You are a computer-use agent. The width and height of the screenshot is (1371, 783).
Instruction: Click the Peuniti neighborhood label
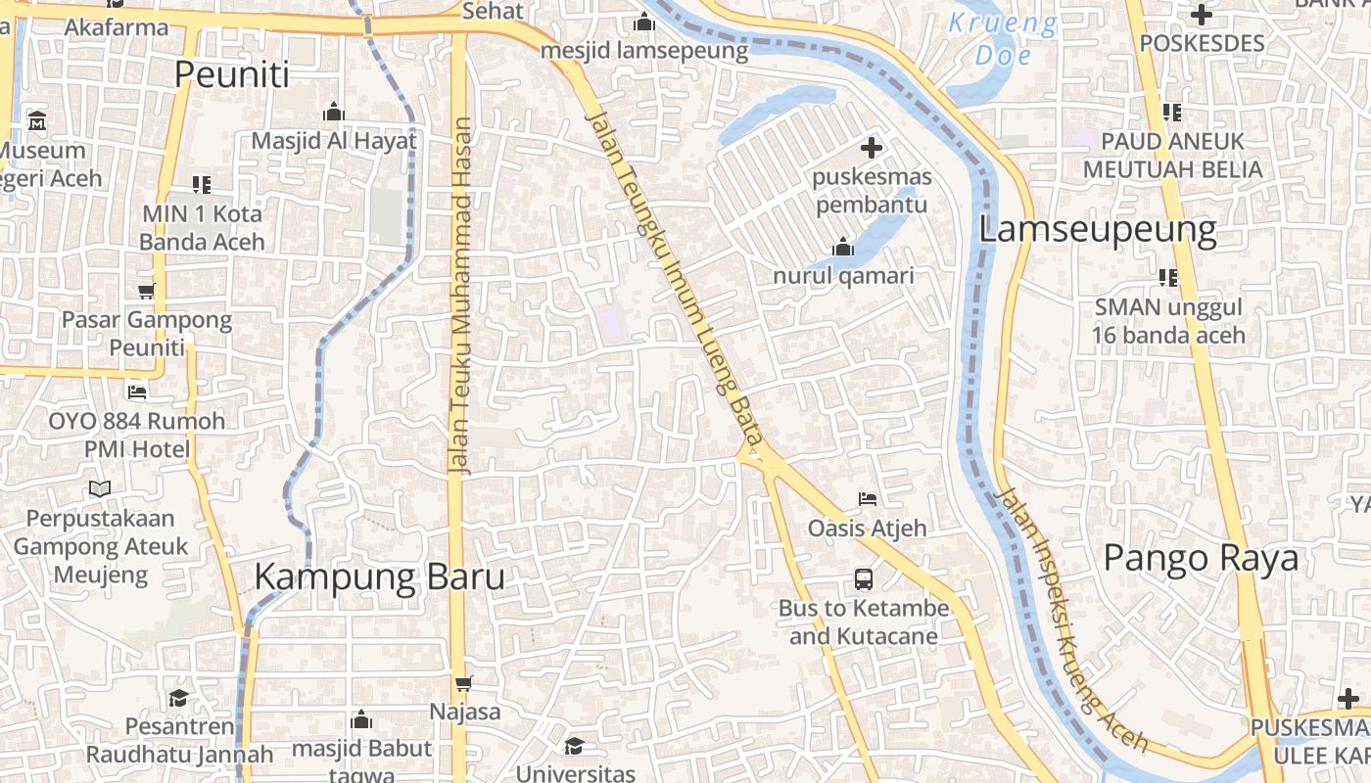pyautogui.click(x=232, y=74)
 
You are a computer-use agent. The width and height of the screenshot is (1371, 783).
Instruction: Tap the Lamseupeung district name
pyautogui.click(x=1098, y=230)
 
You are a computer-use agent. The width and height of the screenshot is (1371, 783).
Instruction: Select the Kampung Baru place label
pyautogui.click(x=380, y=576)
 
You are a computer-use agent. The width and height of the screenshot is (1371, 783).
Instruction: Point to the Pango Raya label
pyautogui.click(x=1201, y=558)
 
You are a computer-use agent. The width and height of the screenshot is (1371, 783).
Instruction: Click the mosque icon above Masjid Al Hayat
pyautogui.click(x=334, y=112)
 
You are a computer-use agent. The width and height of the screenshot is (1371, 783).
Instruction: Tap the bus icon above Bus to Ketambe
pyautogui.click(x=863, y=578)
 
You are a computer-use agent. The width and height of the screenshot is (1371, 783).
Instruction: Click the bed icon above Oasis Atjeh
pyautogui.click(x=867, y=499)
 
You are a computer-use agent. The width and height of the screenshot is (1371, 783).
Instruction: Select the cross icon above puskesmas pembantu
pyautogui.click(x=871, y=149)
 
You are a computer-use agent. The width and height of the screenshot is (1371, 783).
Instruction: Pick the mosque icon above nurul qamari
pyautogui.click(x=843, y=248)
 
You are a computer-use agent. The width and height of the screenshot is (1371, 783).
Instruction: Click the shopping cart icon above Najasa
pyautogui.click(x=464, y=683)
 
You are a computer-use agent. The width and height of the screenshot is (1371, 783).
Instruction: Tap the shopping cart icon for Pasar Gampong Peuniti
pyautogui.click(x=147, y=291)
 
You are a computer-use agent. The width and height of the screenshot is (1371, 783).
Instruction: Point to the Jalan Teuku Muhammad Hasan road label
pyautogui.click(x=462, y=297)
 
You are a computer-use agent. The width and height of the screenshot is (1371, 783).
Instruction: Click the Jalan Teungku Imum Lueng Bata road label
pyautogui.click(x=673, y=284)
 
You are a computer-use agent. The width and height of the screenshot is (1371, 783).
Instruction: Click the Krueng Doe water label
pyautogui.click(x=1003, y=39)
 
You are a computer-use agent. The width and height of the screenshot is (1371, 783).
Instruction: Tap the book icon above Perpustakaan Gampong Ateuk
pyautogui.click(x=100, y=488)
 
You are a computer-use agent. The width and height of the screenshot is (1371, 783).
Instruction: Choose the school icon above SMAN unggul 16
pyautogui.click(x=1168, y=278)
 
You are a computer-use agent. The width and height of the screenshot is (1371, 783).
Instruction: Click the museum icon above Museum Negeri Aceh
pyautogui.click(x=37, y=122)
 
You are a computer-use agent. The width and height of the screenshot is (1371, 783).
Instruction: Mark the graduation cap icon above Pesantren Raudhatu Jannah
pyautogui.click(x=178, y=698)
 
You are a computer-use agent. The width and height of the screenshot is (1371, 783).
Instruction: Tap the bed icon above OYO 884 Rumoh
pyautogui.click(x=137, y=392)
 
